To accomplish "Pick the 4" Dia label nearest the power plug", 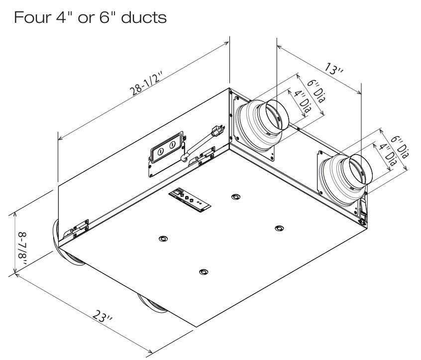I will tap(302, 102).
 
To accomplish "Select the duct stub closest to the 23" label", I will tap(153, 304).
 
